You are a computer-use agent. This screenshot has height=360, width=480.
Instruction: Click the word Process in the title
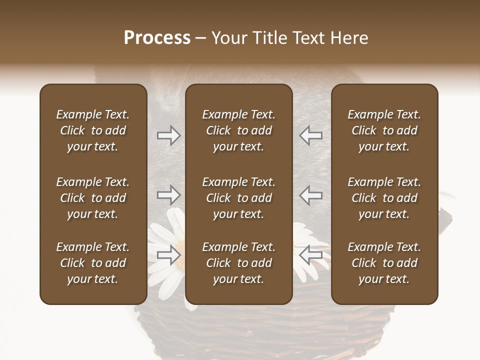point(157,38)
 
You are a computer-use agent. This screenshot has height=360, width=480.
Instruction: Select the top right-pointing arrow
point(168,135)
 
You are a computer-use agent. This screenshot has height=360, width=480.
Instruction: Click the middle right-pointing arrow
point(168,194)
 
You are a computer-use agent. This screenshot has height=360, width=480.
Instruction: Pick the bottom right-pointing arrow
point(168,255)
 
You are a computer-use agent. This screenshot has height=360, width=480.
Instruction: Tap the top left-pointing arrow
point(311,135)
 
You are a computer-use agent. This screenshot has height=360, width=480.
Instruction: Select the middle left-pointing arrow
point(311,194)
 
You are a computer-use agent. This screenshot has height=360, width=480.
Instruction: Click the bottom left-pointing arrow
point(311,255)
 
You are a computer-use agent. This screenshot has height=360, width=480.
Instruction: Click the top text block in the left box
point(93,130)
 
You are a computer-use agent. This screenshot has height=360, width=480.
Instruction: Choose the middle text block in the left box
point(93,198)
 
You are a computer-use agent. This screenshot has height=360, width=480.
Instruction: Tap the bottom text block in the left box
point(93,263)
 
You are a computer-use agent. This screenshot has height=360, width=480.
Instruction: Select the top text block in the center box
point(238,130)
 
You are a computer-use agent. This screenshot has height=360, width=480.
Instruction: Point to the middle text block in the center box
point(238,198)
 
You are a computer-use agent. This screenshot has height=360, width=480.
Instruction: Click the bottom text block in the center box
point(238,263)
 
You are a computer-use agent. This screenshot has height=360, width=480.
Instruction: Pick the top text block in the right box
point(384,130)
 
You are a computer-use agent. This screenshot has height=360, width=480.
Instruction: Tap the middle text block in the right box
point(384,198)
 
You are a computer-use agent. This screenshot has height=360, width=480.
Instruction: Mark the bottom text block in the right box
point(384,263)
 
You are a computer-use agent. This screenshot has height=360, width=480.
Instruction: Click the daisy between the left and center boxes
point(167,235)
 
